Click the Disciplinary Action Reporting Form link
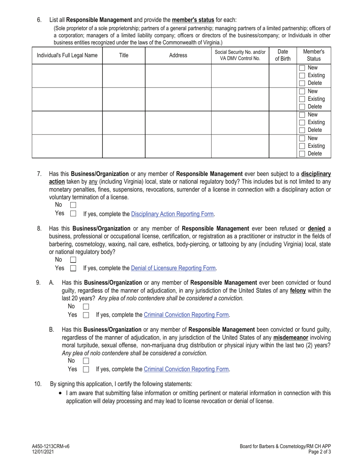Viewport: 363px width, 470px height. coord(172,214)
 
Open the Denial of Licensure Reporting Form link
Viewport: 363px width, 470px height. coord(173,268)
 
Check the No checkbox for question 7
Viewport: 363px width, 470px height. coord(73,206)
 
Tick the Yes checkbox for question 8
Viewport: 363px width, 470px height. coord(73,268)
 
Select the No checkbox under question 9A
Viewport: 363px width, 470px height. coord(86,306)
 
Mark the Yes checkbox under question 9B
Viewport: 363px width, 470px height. coord(86,369)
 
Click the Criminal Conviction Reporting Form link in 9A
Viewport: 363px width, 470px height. coord(186,315)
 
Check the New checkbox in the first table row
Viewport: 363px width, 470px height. coord(302,68)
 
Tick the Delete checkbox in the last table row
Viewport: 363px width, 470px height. coord(302,154)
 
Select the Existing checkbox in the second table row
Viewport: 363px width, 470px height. coord(302,99)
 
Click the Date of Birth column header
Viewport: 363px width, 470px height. coord(283,55)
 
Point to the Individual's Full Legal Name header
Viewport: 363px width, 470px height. coord(67,55)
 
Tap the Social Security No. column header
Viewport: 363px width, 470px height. coord(240,55)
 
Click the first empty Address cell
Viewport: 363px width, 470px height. coord(178,76)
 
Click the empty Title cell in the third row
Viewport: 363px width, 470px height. coord(123,123)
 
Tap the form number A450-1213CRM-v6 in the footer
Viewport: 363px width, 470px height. coord(51,446)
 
